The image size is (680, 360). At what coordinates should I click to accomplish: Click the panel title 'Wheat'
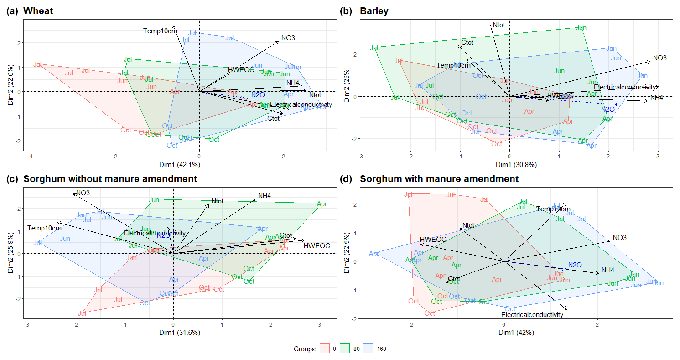[38, 11]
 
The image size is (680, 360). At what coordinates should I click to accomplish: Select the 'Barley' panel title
[374, 11]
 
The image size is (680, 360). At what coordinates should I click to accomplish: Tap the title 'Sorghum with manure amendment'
[439, 179]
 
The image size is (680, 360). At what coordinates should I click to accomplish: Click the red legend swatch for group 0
[324, 349]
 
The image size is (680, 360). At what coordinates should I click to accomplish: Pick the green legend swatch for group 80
[345, 349]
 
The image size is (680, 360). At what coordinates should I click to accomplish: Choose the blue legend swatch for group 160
[367, 349]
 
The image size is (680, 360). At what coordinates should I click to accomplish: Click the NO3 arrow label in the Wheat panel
[288, 38]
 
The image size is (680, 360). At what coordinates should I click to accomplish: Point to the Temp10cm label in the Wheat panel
[160, 31]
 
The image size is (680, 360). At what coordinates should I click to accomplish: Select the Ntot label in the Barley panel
[499, 25]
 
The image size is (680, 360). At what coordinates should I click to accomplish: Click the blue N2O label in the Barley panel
[608, 110]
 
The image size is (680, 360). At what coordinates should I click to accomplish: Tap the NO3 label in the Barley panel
[660, 58]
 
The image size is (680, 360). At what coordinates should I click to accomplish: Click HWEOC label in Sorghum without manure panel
[317, 246]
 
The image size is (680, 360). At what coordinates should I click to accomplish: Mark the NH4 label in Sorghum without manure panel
[265, 196]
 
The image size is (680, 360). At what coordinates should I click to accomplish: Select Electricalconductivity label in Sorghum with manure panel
[532, 315]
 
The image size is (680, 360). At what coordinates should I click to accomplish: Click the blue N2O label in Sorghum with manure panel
[575, 265]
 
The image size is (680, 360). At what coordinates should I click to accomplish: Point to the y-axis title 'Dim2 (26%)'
[348, 84]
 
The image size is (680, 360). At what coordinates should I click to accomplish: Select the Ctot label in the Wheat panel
[273, 119]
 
